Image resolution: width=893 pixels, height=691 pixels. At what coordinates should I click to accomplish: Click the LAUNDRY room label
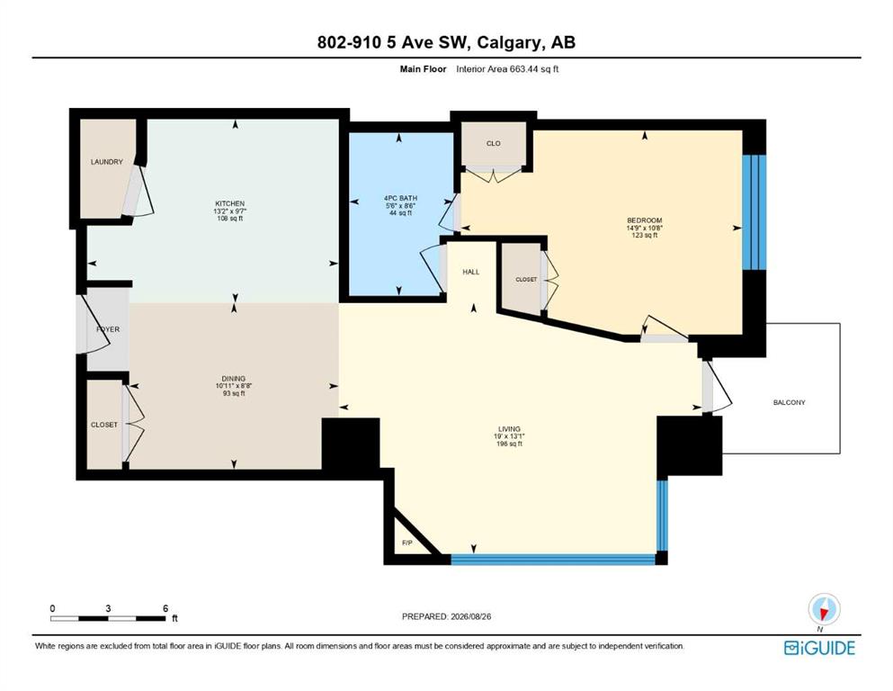coord(106,162)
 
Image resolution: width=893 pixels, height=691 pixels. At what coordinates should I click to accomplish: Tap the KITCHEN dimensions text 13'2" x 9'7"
coord(229,211)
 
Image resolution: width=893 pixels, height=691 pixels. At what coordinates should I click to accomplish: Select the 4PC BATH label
coord(400,198)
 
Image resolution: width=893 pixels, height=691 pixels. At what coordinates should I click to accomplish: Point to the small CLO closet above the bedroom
coord(494,144)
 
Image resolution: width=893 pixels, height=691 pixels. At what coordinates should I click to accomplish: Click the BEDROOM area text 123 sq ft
coord(645,235)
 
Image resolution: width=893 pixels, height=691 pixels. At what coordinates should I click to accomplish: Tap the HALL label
coord(471,272)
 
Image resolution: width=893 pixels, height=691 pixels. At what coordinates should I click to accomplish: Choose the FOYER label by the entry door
coord(108,329)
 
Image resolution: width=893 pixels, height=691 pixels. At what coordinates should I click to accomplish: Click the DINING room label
coord(234,378)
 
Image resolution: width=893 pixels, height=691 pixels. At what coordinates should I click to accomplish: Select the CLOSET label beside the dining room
coord(104,425)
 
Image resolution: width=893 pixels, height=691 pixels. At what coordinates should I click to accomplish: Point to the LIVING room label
coord(509,429)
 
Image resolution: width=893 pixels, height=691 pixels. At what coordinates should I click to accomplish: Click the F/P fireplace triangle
coord(413,532)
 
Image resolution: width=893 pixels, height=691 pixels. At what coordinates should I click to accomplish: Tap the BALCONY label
coord(790,402)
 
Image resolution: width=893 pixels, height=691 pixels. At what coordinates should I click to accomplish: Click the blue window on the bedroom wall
coord(754,212)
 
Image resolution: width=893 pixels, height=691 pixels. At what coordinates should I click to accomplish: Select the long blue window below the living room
coord(553,560)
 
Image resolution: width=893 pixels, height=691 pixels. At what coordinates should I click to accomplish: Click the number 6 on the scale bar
coord(165,608)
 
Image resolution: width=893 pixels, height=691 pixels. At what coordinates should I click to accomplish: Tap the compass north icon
coord(824,610)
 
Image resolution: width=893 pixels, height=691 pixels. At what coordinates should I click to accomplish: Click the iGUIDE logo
coord(819,649)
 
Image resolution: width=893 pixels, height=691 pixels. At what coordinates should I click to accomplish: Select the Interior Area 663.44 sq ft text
coord(507,69)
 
